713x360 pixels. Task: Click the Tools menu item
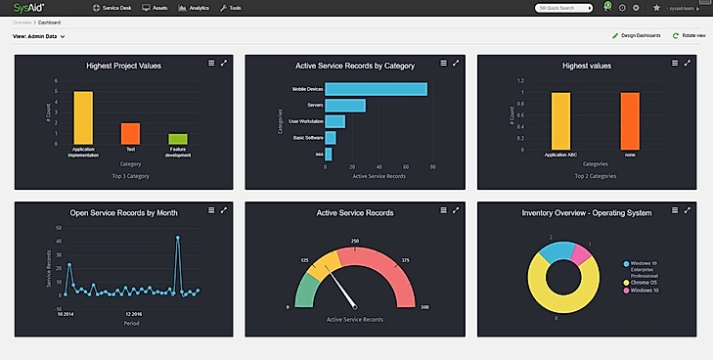pyautogui.click(x=234, y=7)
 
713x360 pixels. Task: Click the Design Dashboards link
pyautogui.click(x=636, y=35)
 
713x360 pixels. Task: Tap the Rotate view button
pyautogui.click(x=689, y=35)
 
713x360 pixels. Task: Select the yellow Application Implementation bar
pyautogui.click(x=83, y=118)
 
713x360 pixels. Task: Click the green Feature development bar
pyautogui.click(x=177, y=140)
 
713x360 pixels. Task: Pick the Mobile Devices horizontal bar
pyautogui.click(x=376, y=89)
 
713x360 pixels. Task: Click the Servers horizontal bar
pyautogui.click(x=345, y=106)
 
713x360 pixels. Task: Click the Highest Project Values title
pyautogui.click(x=123, y=66)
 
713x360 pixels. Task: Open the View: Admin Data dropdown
pyautogui.click(x=39, y=36)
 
